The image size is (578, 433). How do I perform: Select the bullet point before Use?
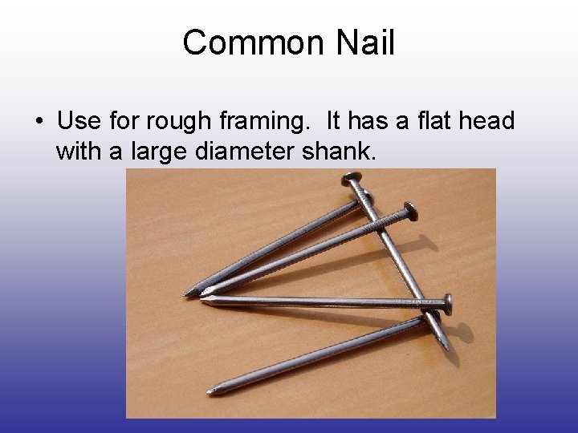coord(39,122)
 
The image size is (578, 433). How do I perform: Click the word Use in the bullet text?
coord(79,121)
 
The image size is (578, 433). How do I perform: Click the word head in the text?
coord(486,121)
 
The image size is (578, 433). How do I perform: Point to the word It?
coord(336,121)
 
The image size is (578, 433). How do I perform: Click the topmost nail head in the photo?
coord(351,178)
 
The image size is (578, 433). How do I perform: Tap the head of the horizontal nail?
coord(447,302)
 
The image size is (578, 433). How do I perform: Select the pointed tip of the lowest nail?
coord(210,391)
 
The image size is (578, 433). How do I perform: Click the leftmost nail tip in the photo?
coord(186,293)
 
